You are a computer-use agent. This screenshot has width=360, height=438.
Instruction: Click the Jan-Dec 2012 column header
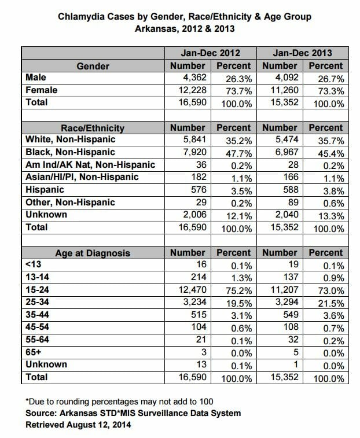point(211,53)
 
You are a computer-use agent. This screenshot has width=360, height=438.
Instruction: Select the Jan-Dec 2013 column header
point(303,53)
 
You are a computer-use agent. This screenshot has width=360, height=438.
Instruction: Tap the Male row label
point(36,78)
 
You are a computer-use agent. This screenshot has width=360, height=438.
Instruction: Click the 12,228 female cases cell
point(193,90)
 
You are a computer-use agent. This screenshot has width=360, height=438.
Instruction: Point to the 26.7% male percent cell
point(331,79)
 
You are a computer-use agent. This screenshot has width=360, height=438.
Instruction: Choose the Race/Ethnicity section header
point(93,128)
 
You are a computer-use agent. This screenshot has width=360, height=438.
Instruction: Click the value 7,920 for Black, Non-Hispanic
point(195,152)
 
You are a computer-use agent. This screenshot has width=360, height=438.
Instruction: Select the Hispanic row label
point(45,190)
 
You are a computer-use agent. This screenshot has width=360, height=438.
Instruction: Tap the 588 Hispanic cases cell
point(291,190)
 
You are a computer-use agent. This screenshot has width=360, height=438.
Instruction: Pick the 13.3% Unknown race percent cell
point(331,216)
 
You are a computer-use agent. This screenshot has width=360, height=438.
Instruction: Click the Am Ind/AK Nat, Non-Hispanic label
point(90,164)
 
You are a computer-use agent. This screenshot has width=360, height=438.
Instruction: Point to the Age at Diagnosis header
point(93,253)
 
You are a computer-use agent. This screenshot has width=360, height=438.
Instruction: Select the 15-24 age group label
point(37,290)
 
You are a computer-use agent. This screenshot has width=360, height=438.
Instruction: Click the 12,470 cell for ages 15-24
point(193,290)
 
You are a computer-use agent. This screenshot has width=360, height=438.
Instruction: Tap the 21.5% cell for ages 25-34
point(331,303)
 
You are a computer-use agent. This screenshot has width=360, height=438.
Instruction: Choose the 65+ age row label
point(33,352)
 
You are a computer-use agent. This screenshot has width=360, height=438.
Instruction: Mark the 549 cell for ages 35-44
point(291,315)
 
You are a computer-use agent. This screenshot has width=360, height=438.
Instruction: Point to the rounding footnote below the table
point(119,402)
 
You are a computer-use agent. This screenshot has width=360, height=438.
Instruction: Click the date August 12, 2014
point(98,425)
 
